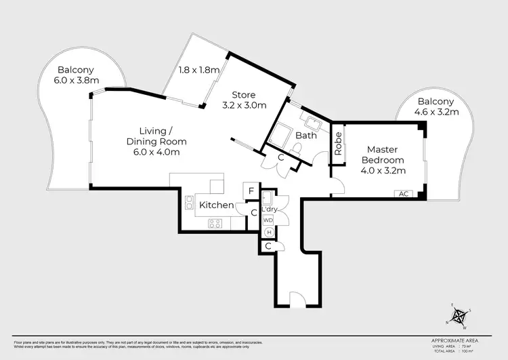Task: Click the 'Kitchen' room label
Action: (x=215, y=205)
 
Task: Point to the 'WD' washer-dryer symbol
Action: (x=268, y=220)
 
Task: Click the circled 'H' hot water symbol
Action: (x=268, y=232)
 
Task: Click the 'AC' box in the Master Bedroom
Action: (x=403, y=194)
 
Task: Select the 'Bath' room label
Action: (x=306, y=136)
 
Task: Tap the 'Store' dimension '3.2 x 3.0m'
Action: (x=245, y=105)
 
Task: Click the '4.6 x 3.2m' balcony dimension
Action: (x=436, y=113)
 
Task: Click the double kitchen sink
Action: (x=188, y=201)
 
